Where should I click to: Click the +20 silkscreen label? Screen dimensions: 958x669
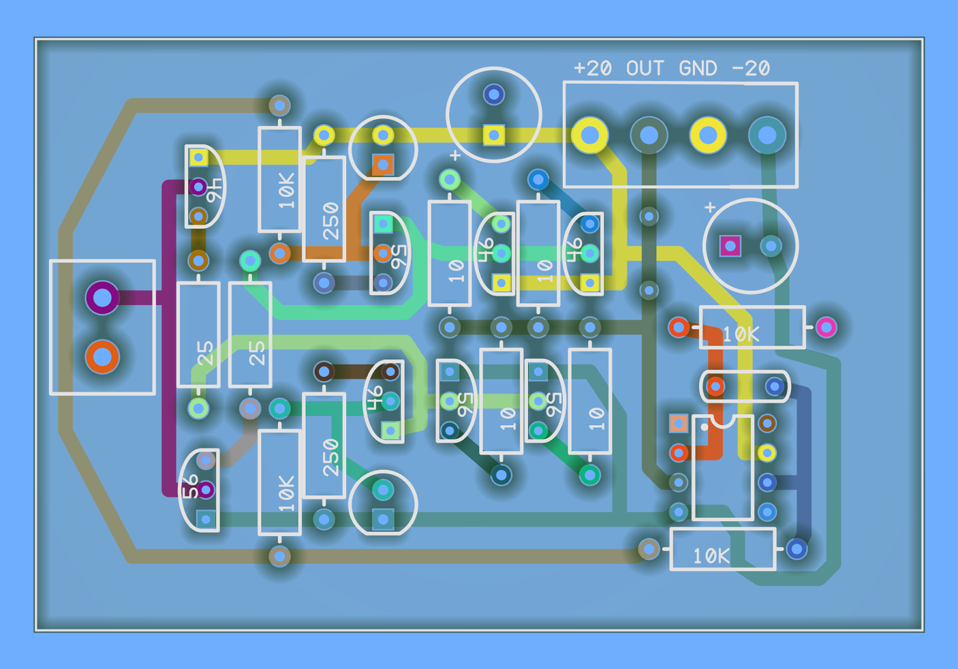click(x=592, y=68)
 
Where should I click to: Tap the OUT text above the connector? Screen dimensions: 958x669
click(x=645, y=68)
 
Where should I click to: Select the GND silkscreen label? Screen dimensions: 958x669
click(x=698, y=68)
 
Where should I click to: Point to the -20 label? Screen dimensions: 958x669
click(x=751, y=68)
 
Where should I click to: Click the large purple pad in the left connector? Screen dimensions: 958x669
click(x=102, y=298)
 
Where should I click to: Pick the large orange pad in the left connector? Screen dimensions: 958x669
click(x=102, y=357)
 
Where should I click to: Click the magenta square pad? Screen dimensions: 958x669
click(x=730, y=246)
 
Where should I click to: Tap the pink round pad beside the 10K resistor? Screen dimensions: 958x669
click(x=826, y=327)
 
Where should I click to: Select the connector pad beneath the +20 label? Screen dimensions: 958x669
click(x=590, y=135)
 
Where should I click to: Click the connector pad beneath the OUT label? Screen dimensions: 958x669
click(x=649, y=135)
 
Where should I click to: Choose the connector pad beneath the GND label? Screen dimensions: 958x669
click(x=708, y=135)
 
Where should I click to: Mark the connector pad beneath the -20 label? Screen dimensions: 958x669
click(x=767, y=135)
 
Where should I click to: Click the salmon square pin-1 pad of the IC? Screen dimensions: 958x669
click(x=679, y=423)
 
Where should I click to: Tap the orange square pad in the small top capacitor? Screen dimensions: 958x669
click(x=383, y=165)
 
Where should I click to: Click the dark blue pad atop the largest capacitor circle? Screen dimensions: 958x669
click(x=494, y=95)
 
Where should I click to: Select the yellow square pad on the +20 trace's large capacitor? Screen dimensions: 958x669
click(x=494, y=135)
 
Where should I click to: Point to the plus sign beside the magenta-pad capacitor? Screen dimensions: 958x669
click(x=710, y=207)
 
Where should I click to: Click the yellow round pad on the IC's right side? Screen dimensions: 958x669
click(x=767, y=453)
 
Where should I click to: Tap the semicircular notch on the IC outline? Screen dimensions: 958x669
click(x=723, y=421)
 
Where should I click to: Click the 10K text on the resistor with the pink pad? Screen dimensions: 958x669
click(x=741, y=334)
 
